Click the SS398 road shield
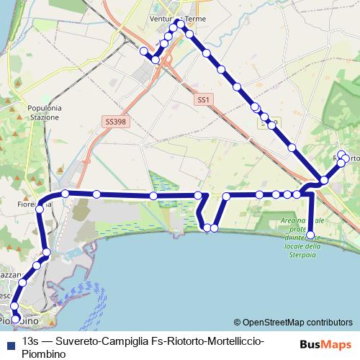(115, 122)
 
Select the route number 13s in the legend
(31, 341)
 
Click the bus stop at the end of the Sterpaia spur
(311, 235)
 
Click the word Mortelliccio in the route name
(228, 341)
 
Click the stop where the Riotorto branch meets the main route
(325, 179)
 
